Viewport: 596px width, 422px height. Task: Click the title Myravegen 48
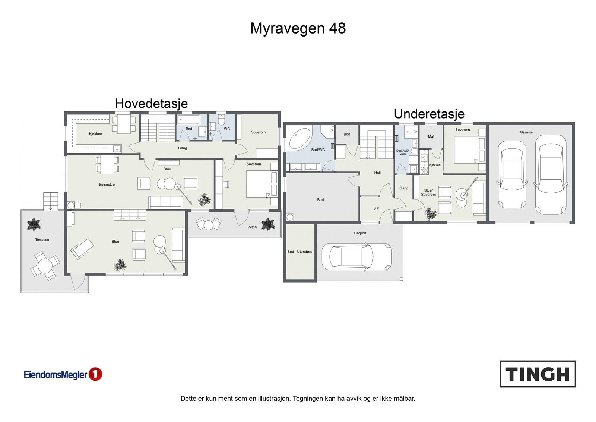(x=298, y=28)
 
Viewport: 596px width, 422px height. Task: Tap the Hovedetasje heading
(x=151, y=103)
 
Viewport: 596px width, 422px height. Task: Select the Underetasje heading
(x=429, y=114)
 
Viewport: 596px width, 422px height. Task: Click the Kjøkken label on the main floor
(x=95, y=134)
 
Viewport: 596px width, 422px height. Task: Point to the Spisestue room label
(x=107, y=185)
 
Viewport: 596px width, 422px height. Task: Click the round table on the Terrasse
(x=45, y=266)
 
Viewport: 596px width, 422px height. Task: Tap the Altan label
(x=253, y=227)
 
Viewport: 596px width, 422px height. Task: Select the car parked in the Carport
(x=356, y=256)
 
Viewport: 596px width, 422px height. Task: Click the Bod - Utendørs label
(x=299, y=252)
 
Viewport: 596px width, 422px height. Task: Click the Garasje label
(x=526, y=132)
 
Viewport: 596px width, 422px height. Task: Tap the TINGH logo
(x=538, y=374)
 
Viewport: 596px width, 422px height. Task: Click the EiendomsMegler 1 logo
(x=63, y=374)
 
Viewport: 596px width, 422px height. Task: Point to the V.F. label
(x=377, y=209)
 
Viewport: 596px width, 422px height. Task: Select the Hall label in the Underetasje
(x=377, y=173)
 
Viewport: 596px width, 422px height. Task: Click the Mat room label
(x=431, y=136)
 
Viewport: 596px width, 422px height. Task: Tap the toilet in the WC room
(x=221, y=120)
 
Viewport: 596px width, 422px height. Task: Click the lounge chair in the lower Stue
(x=82, y=249)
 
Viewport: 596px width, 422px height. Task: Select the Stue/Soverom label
(x=428, y=192)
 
